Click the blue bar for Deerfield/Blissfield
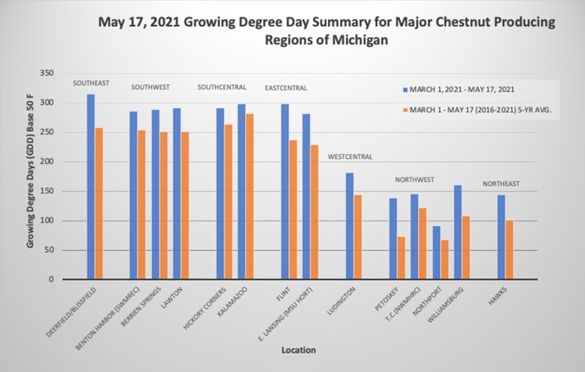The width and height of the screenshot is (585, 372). tap(91, 187)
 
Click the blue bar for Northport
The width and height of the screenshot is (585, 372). tap(436, 253)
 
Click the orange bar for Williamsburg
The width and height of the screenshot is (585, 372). tap(466, 248)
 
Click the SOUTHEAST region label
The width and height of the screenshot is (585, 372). tap(91, 83)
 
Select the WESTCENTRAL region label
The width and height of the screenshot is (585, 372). tap(350, 157)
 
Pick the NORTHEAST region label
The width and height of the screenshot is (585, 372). tap(501, 184)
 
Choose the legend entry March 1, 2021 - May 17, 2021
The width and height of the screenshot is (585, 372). tap(462, 89)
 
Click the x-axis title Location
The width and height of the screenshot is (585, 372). tap(299, 350)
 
